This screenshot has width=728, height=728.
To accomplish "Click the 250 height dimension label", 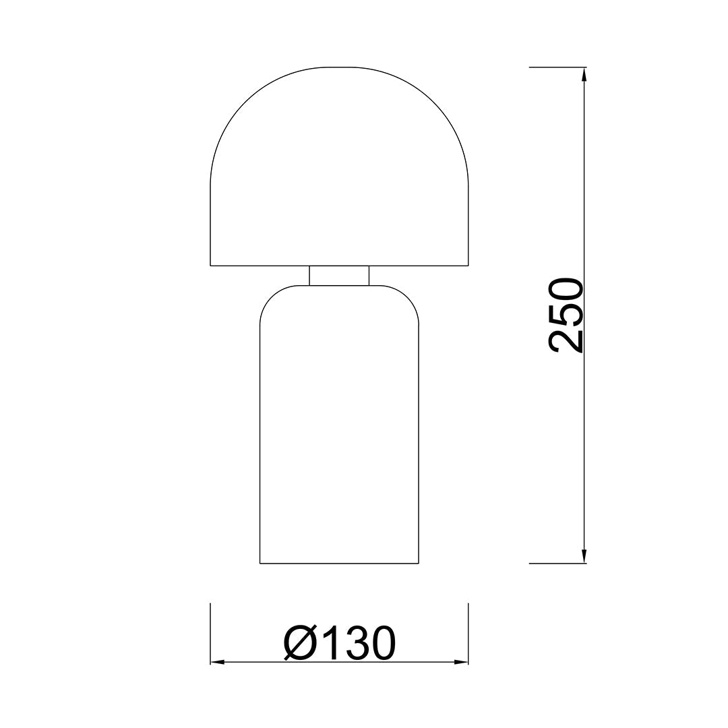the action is (x=566, y=315).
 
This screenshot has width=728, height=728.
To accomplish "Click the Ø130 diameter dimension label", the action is (x=339, y=642).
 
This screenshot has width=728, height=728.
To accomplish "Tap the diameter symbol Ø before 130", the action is (x=300, y=642).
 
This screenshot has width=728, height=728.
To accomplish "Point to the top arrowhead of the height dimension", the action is (x=584, y=75).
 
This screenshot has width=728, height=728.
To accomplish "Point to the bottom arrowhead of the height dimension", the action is (x=584, y=556).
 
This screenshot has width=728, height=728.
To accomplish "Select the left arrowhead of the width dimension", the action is (x=218, y=662).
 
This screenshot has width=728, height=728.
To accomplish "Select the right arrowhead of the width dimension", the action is (x=461, y=662).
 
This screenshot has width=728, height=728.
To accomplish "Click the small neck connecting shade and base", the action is (x=339, y=275).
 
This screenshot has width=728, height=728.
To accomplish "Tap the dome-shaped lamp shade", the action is (x=339, y=166).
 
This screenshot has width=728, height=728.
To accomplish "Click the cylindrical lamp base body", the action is (x=339, y=425).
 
